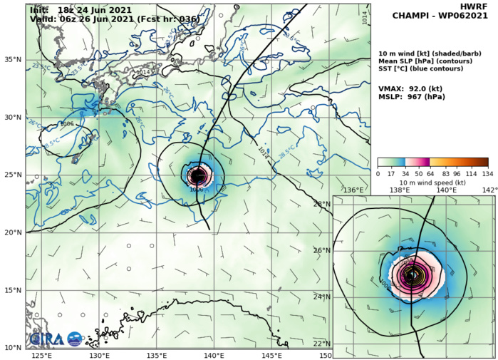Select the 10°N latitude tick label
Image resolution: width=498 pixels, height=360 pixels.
pos(14,348)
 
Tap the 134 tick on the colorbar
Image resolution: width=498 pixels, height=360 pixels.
pos(488,173)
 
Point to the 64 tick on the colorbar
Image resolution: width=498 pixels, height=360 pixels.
pos(427,173)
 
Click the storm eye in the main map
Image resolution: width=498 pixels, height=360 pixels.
pos(197,175)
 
